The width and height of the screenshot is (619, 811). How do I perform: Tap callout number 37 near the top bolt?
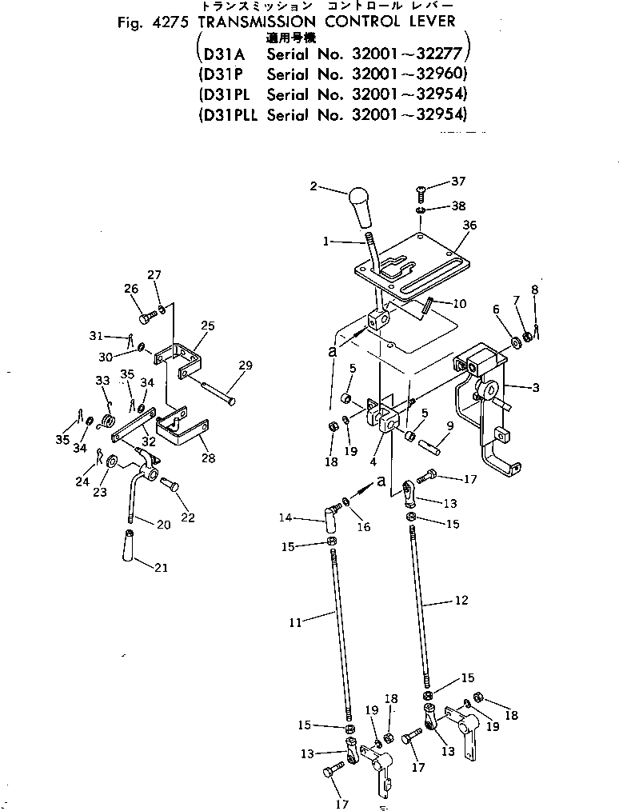[x=457, y=181]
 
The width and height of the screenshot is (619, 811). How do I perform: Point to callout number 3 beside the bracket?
[x=535, y=388]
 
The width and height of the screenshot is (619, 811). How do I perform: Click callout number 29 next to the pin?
[x=245, y=366]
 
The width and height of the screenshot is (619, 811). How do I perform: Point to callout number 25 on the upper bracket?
[x=208, y=326]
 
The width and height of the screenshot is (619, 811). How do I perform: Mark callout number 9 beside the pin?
[x=451, y=425]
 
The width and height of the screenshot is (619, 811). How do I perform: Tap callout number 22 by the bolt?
[x=188, y=517]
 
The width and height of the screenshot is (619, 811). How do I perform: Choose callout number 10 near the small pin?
[x=459, y=303]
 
